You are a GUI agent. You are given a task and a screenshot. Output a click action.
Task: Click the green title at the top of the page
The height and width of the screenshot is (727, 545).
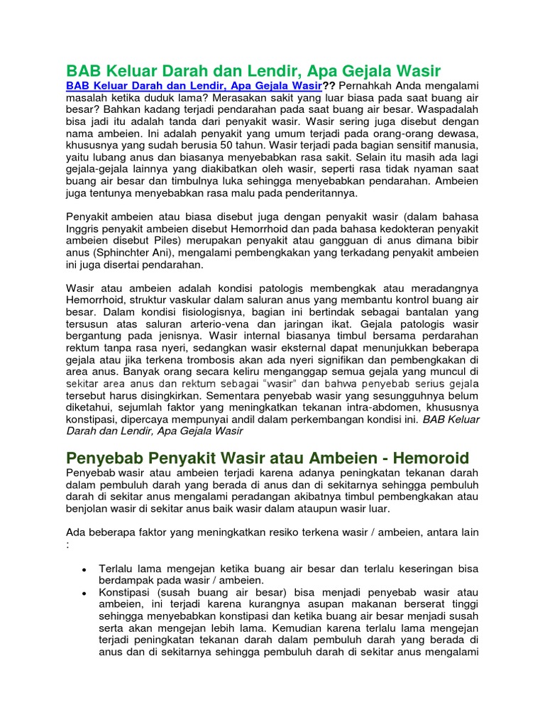pyautogui.click(x=253, y=71)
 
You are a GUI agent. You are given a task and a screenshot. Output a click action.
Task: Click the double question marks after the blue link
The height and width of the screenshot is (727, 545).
pyautogui.click(x=328, y=86)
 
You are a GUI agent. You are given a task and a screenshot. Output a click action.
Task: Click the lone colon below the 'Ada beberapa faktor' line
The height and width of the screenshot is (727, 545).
pyautogui.click(x=68, y=545)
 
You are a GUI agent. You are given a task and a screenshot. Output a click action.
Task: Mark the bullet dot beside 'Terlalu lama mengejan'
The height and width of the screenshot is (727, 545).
pyautogui.click(x=84, y=570)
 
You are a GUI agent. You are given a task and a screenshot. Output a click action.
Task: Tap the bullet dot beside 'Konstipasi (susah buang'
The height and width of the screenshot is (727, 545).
pyautogui.click(x=84, y=594)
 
